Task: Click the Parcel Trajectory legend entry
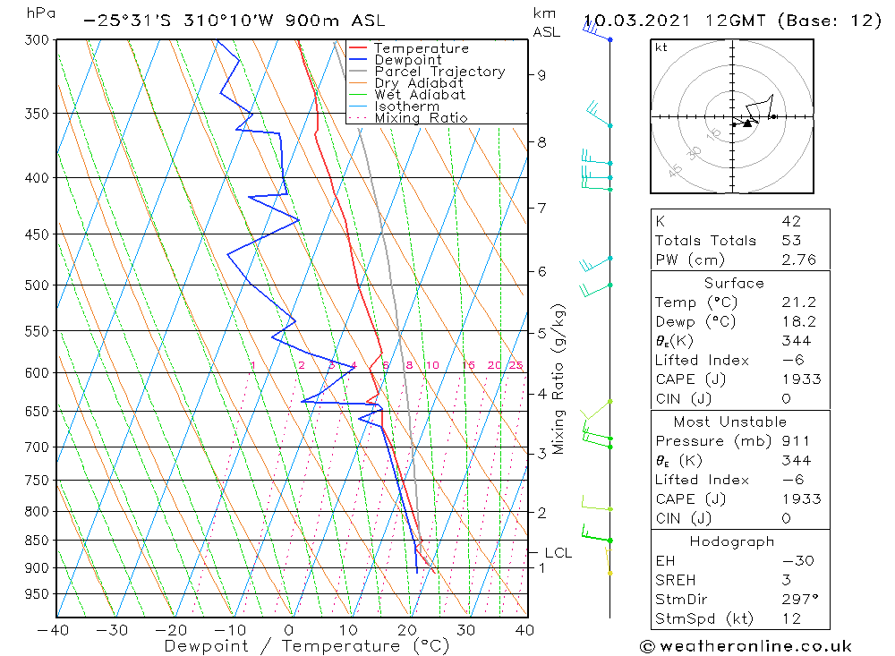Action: pos(439,72)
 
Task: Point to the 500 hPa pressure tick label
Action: pos(37,285)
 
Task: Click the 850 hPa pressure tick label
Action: pos(37,541)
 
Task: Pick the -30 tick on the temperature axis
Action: pos(112,630)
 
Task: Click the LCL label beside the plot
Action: pos(558,553)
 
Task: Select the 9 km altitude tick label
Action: pos(542,75)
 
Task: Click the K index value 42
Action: pos(791,221)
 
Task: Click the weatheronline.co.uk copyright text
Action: pos(746,646)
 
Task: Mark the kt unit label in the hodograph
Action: pos(661,48)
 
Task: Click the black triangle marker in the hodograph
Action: pos(747,124)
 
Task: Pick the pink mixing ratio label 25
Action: pos(516,365)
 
